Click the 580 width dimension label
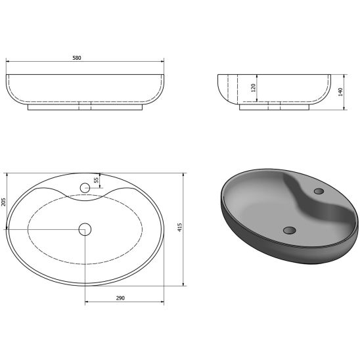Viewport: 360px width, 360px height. [x=77, y=58]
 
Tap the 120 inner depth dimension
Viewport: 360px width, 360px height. [x=253, y=88]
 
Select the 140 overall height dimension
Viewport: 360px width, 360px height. [x=340, y=92]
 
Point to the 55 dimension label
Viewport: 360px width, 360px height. [x=97, y=179]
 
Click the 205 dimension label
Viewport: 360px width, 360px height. [x=3, y=202]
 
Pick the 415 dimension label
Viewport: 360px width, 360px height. [x=180, y=227]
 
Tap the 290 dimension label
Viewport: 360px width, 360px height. [x=120, y=298]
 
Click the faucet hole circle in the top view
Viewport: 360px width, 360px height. [x=85, y=188]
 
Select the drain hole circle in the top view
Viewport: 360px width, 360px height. [x=85, y=229]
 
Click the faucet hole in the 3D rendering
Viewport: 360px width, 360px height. [x=319, y=191]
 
